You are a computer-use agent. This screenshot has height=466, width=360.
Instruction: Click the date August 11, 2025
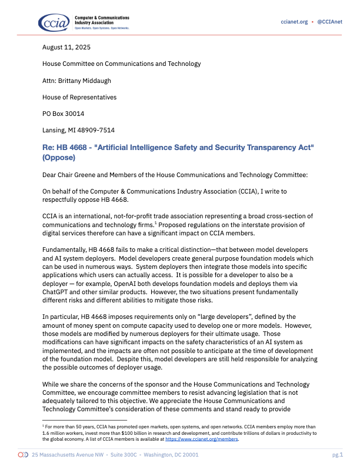66,47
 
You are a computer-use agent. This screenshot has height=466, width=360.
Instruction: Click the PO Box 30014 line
63,114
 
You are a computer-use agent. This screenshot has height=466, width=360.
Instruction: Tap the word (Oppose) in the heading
59,158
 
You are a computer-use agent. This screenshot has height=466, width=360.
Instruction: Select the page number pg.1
338,455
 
